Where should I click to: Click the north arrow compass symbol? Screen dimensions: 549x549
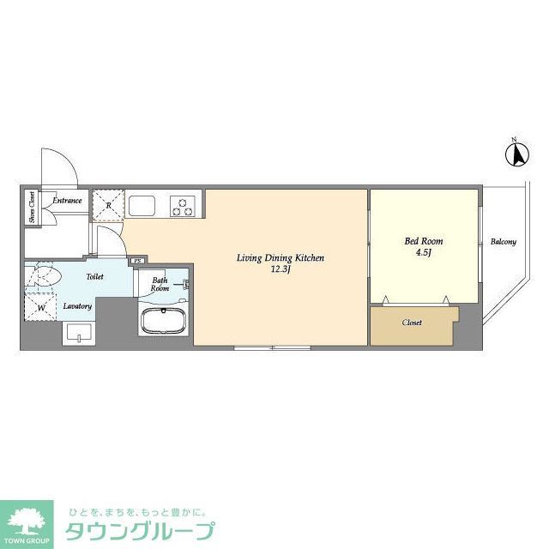pyautogui.click(x=516, y=154)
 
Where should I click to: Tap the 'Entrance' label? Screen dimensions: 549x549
pyautogui.click(x=66, y=201)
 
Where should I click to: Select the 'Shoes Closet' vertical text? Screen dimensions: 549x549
pyautogui.click(x=32, y=206)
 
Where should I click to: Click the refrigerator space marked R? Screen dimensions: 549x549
pyautogui.click(x=108, y=204)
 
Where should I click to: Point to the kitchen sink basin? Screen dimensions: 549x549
pyautogui.click(x=142, y=206)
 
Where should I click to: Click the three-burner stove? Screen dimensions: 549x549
pyautogui.click(x=184, y=205)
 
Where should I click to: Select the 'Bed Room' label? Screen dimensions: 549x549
pyautogui.click(x=424, y=241)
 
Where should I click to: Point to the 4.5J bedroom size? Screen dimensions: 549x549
pyautogui.click(x=424, y=253)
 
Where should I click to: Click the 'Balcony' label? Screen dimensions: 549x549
pyautogui.click(x=503, y=242)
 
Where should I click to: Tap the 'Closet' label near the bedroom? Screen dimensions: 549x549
pyautogui.click(x=412, y=323)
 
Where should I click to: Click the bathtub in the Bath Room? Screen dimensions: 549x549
pyautogui.click(x=163, y=323)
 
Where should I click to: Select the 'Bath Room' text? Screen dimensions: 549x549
pyautogui.click(x=160, y=285)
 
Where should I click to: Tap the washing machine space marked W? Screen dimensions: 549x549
pyautogui.click(x=39, y=307)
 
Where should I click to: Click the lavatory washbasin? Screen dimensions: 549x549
pyautogui.click(x=77, y=333)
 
